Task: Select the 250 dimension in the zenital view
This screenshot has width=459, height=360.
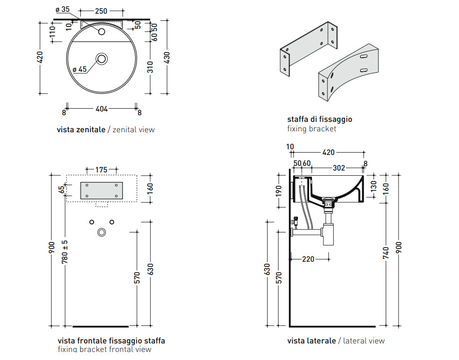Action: (x=101, y=11)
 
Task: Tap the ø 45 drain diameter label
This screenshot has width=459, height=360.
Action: (x=79, y=69)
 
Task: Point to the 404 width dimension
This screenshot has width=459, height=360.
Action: (x=102, y=109)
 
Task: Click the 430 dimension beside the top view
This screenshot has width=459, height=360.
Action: (x=166, y=57)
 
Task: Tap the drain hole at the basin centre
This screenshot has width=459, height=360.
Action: (x=102, y=59)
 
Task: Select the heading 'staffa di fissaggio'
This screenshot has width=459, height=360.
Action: (x=320, y=119)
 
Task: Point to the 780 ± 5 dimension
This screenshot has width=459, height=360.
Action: (x=65, y=251)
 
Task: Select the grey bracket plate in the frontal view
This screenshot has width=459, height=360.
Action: (x=102, y=190)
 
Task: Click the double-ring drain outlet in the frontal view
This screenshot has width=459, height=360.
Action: (x=102, y=232)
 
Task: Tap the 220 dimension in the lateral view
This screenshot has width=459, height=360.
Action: (x=308, y=259)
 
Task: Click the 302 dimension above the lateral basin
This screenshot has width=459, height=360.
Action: (x=339, y=168)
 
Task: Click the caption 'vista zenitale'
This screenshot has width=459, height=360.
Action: (x=81, y=129)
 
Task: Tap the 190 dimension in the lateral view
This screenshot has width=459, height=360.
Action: (x=279, y=190)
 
